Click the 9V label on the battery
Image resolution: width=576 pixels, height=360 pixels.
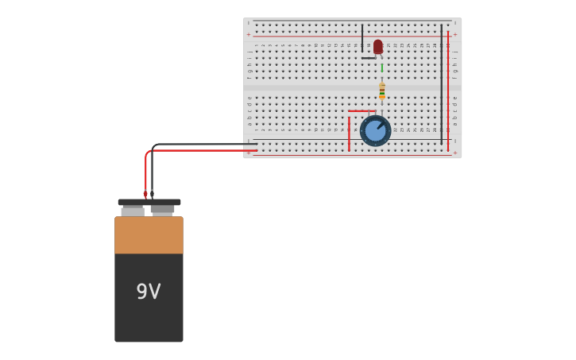click(149, 292)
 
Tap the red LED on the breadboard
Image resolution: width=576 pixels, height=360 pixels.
click(378, 47)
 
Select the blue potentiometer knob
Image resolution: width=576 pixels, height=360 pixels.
click(375, 131)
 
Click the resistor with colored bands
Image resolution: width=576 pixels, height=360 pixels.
click(382, 91)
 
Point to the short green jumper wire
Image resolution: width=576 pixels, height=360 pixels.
click(381, 68)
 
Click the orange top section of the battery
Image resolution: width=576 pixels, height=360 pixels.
click(149, 235)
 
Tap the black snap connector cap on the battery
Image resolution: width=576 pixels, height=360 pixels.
click(149, 203)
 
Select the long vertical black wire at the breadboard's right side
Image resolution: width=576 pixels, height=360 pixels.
click(442, 83)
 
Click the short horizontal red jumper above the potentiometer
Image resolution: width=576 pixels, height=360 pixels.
click(361, 111)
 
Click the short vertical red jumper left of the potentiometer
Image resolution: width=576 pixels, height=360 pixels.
click(349, 134)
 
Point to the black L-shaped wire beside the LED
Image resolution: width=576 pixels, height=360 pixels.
click(363, 48)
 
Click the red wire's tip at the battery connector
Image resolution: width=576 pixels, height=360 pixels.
click(145, 194)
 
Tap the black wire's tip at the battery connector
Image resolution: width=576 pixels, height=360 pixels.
click(152, 194)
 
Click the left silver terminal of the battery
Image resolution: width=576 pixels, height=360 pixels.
click(133, 211)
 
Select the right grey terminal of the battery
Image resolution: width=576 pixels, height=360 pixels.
click(163, 210)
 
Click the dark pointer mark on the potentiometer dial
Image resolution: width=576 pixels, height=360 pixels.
click(381, 125)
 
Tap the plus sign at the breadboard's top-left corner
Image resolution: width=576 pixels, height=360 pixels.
click(249, 35)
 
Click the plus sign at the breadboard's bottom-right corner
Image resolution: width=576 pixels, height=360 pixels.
click(455, 153)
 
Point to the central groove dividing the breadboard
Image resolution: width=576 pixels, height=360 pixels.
click(352, 87)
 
